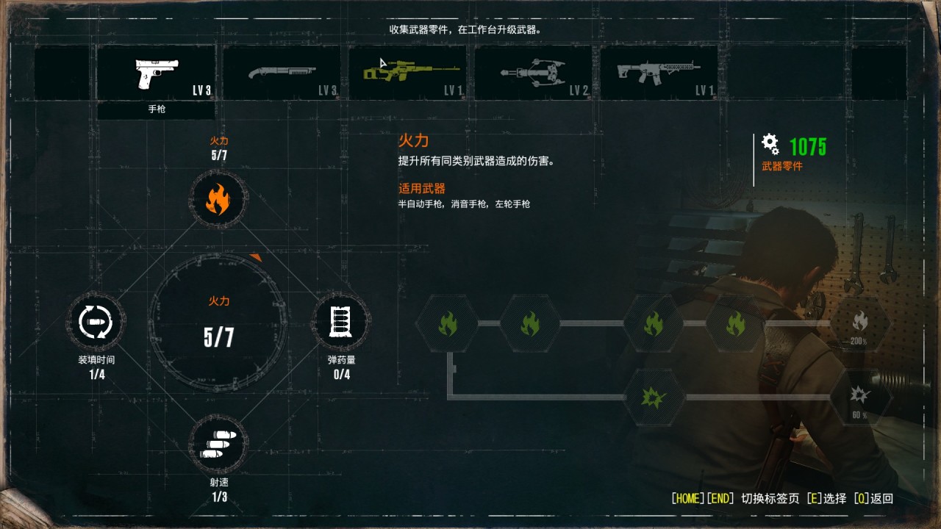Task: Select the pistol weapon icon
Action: (157, 74)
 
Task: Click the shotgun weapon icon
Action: (282, 72)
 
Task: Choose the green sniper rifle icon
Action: (411, 71)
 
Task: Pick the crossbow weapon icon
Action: (534, 73)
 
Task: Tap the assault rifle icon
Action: (658, 73)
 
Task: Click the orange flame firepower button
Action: (218, 199)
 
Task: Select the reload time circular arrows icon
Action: (96, 322)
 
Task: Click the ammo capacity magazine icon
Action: (340, 322)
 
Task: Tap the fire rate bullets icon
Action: (218, 445)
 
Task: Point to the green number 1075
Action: (807, 147)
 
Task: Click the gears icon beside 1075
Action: (770, 144)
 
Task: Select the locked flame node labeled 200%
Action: (859, 323)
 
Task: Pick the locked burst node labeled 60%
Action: (859, 397)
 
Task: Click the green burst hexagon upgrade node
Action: (654, 397)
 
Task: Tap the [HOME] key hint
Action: (687, 498)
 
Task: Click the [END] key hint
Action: (720, 498)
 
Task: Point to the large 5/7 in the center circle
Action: (218, 337)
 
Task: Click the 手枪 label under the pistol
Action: (157, 109)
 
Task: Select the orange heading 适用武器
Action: (422, 189)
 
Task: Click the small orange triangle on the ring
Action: (256, 257)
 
